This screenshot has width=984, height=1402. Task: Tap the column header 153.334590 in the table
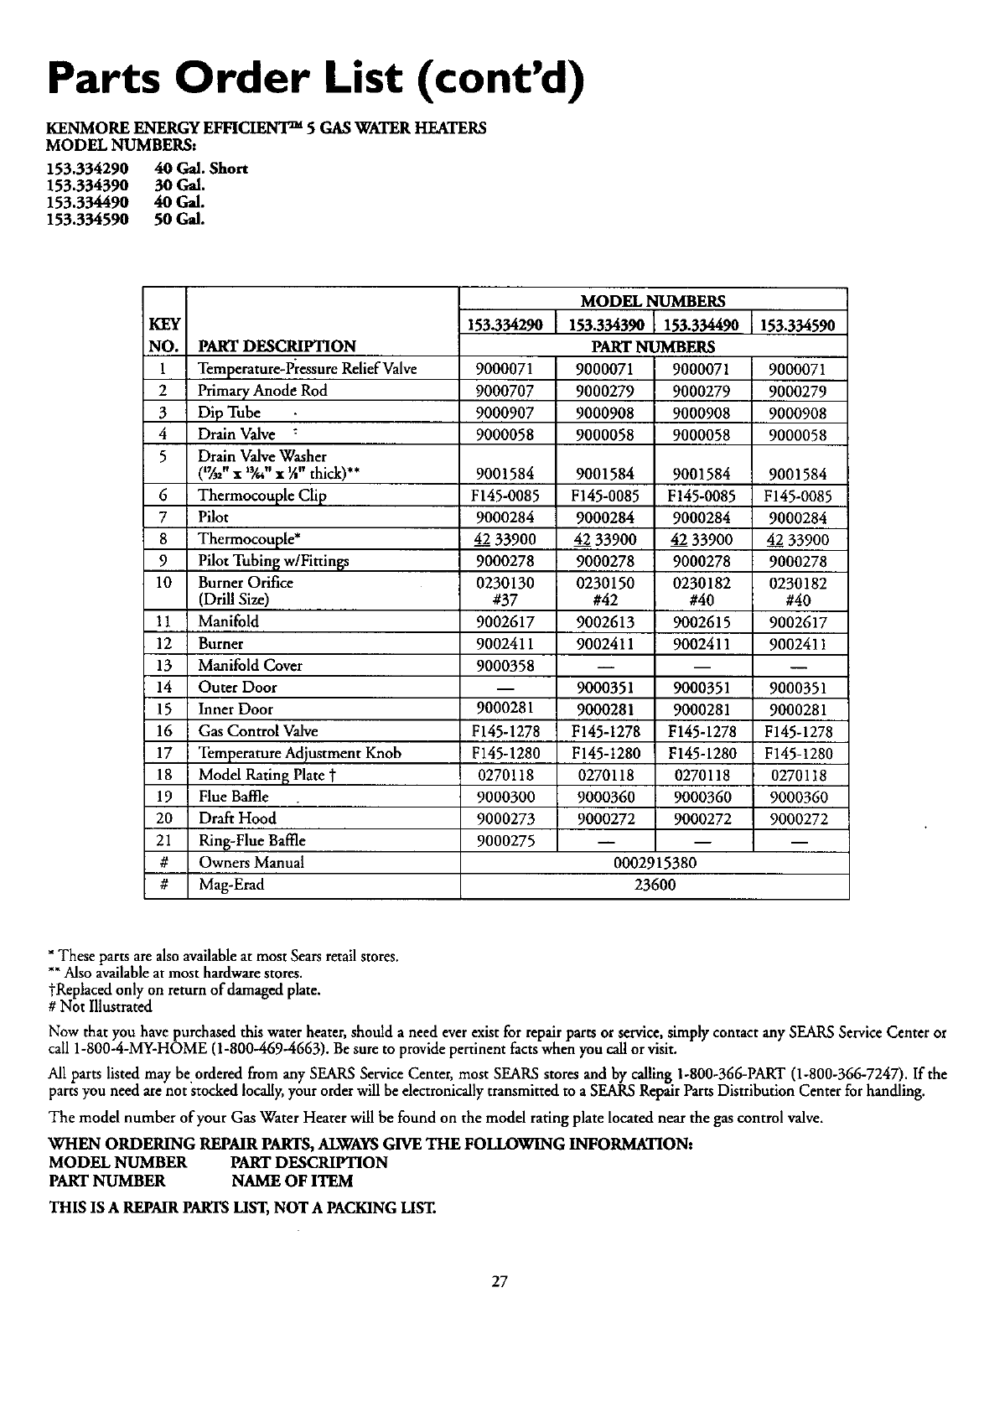pos(800,325)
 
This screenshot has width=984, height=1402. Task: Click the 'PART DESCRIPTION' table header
pos(277,346)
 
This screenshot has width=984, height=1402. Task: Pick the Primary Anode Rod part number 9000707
pos(505,391)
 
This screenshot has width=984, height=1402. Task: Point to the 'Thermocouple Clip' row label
pos(262,496)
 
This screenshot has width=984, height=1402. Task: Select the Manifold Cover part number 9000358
pos(505,666)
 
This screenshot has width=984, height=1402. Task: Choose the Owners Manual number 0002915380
pos(654,863)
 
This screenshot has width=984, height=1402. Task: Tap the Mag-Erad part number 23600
pos(654,885)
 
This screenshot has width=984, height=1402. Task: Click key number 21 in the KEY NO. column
pos(164,840)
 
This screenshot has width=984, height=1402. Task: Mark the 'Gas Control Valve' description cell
pos(257,731)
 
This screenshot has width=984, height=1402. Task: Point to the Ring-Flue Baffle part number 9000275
pos(505,840)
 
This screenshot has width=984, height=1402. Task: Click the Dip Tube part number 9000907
pos(505,413)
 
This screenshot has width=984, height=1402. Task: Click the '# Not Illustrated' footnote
pos(101,1005)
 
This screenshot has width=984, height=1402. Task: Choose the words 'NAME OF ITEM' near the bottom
pos(292,1181)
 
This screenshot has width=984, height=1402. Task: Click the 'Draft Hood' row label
pos(237,818)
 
